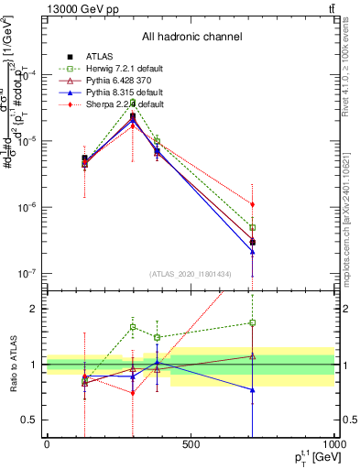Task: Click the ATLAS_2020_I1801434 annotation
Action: [188, 274]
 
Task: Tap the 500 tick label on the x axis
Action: [191, 444]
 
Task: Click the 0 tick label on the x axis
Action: [47, 444]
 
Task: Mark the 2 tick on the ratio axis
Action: [37, 309]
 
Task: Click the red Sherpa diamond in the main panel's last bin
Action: [252, 204]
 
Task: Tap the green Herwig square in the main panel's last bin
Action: [252, 227]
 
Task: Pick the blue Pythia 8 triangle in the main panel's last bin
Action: [252, 252]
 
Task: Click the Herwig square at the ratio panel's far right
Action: [252, 322]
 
